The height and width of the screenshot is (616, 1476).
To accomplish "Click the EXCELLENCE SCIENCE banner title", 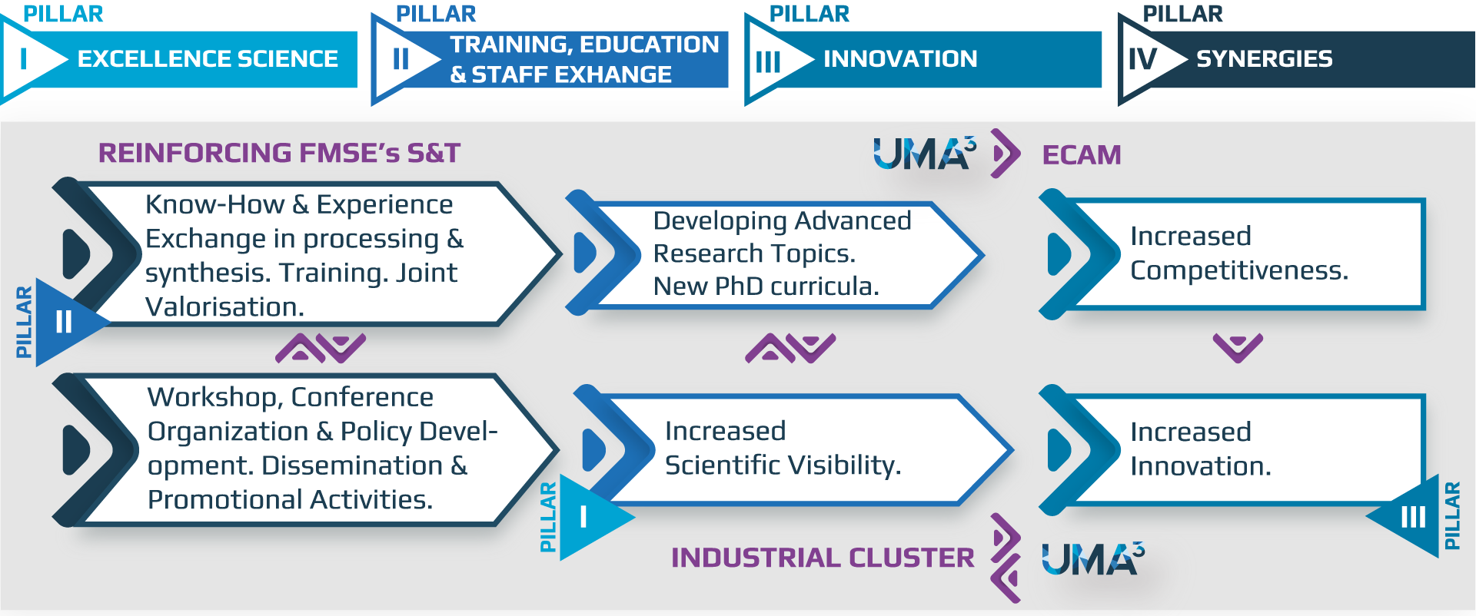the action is (x=208, y=58).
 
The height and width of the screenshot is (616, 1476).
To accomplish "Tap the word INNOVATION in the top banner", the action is (x=900, y=58).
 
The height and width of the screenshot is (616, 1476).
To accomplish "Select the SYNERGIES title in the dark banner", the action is (x=1265, y=58).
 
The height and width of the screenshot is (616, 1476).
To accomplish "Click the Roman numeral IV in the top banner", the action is (x=1142, y=58).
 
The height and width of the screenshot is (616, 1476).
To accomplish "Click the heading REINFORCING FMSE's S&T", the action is (x=279, y=153).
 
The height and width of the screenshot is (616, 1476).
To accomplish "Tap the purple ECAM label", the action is (x=1082, y=155).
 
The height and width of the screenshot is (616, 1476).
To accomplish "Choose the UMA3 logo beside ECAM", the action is (x=925, y=153).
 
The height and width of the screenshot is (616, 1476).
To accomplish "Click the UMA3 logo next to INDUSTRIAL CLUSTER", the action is (x=1093, y=558).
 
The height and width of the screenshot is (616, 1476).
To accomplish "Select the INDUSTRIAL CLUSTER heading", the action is (x=823, y=558).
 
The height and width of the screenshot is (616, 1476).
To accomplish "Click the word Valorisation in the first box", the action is (x=225, y=307).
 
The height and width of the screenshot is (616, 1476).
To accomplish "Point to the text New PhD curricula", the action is (x=766, y=286).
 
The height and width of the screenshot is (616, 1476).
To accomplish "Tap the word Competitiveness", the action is (x=1239, y=270).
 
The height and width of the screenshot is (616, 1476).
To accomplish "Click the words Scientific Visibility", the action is (x=783, y=465).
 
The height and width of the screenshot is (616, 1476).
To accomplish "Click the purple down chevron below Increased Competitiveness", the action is (x=1238, y=348).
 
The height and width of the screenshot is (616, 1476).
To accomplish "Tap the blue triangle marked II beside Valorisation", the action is (x=66, y=322).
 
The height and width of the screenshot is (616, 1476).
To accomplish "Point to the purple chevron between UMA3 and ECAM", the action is (x=1006, y=154).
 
